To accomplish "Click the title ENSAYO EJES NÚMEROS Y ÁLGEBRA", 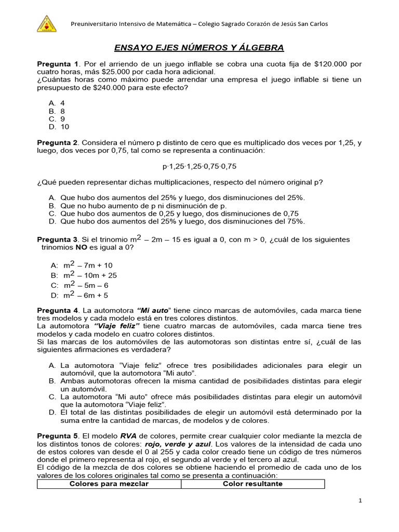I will pos(199,48).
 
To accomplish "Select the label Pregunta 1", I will pos(57,63).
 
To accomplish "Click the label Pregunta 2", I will pos(57,142).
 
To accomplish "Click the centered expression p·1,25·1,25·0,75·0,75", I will pos(199,166).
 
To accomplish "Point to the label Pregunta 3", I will pos(57,239).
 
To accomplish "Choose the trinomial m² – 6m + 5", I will pos(86,296).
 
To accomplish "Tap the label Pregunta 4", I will pos(57,311).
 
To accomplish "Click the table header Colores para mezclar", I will pos(109,484).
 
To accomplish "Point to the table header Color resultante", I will pos(252,484).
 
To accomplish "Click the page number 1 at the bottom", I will pos(360,500).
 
